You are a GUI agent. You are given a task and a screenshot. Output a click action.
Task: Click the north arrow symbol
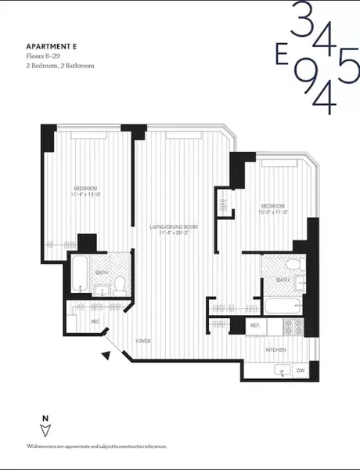(45, 428)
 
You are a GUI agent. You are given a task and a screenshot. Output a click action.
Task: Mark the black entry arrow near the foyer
(105, 356)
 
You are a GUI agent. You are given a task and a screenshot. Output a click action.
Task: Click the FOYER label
(142, 342)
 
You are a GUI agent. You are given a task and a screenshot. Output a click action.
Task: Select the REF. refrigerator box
(255, 324)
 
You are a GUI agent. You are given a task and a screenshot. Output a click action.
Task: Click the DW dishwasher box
(301, 371)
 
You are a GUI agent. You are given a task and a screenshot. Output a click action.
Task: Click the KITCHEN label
(275, 349)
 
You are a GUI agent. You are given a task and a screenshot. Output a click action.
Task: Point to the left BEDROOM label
(85, 190)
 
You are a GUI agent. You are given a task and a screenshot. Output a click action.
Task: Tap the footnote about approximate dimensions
(96, 446)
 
